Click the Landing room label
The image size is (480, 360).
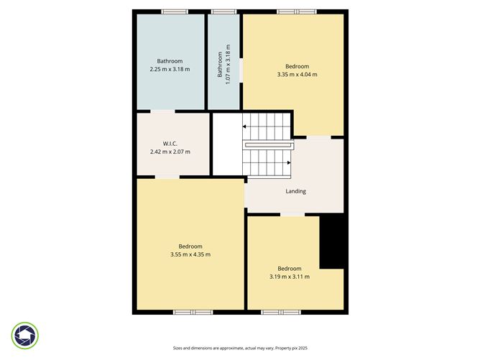[x=295, y=191]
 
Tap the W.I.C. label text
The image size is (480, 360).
[x=170, y=144]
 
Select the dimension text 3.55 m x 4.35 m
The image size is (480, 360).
[x=190, y=254]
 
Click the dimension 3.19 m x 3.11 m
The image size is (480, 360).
[x=290, y=277]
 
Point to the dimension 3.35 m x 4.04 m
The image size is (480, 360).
[x=297, y=74]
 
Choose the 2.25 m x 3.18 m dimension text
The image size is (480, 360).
[x=170, y=70]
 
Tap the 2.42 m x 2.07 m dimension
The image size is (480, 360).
[x=170, y=152]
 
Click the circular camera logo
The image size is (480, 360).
[x=25, y=336]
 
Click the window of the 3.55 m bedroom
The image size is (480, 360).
[x=193, y=312]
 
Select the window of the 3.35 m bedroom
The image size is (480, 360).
[x=297, y=11]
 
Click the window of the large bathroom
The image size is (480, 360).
[x=174, y=11]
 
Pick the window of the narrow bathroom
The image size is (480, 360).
[x=223, y=11]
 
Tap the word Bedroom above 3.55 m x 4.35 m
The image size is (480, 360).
[x=190, y=246]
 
